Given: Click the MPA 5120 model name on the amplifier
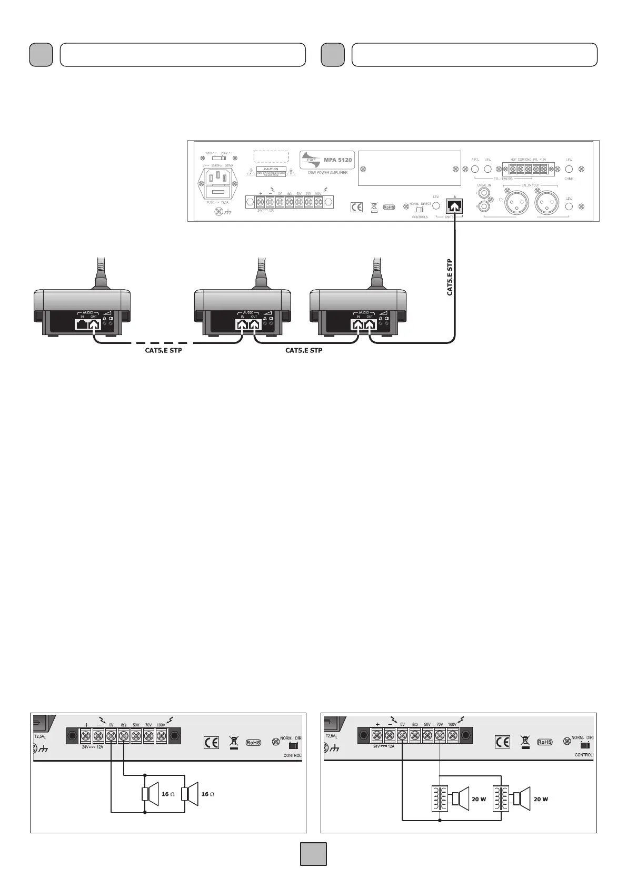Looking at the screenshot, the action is [x=337, y=159].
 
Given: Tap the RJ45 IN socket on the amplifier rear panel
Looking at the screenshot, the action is [x=454, y=205].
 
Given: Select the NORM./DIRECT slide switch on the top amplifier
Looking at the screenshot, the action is [x=420, y=209].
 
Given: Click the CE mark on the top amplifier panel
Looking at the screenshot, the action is [x=356, y=207].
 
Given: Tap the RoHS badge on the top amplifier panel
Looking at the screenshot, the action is [x=389, y=207].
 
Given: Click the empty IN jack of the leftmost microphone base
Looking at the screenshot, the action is [x=82, y=324].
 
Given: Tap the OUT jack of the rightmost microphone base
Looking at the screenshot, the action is [x=370, y=324].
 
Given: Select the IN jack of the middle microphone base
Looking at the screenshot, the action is [x=242, y=324].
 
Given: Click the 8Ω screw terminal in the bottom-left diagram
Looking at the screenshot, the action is [x=124, y=736].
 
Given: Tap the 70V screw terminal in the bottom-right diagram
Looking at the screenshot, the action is [x=440, y=736].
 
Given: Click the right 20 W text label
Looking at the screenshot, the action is [x=541, y=799].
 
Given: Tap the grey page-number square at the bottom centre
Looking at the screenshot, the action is [x=313, y=854].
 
